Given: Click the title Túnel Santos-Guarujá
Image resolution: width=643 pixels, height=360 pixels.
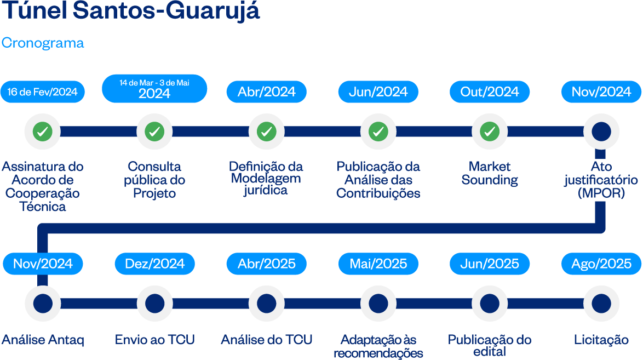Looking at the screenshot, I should coord(130,12).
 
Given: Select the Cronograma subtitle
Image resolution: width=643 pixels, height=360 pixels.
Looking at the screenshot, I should coord(43,43).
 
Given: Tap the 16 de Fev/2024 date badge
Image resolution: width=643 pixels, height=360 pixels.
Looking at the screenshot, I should coord(43,92).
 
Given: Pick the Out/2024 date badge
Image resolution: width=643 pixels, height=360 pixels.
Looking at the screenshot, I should coord(490,92).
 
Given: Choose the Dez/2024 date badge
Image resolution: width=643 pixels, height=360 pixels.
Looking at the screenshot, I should coord(154,264).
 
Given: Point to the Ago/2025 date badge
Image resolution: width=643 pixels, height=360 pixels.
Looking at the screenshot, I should coord(601,264).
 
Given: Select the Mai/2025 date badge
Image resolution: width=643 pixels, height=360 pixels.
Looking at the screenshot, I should coord(378,264).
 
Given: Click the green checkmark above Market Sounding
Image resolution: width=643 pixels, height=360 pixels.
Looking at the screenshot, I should coord(490,132).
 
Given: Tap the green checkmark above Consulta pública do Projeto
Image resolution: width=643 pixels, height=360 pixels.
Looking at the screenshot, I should coord(154,132).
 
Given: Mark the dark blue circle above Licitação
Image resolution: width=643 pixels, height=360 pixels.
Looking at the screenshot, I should coord(601,303).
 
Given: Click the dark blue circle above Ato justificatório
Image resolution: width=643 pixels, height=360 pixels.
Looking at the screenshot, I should coord(601,132).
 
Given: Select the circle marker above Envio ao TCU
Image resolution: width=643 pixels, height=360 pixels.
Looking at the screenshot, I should coord(154,303).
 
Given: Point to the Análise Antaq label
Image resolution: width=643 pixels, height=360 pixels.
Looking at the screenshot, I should coord(43,340).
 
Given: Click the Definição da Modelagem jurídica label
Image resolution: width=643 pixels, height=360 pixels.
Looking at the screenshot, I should coord(266,178).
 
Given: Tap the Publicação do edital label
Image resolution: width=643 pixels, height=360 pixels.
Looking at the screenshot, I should coord(490,345).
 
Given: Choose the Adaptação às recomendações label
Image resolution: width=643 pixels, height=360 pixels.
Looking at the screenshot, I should coord(378,346).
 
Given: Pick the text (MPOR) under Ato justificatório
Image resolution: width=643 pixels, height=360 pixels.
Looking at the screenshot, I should coord(601,193).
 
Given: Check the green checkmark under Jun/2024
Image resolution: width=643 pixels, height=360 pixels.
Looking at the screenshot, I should coord(378,132).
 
